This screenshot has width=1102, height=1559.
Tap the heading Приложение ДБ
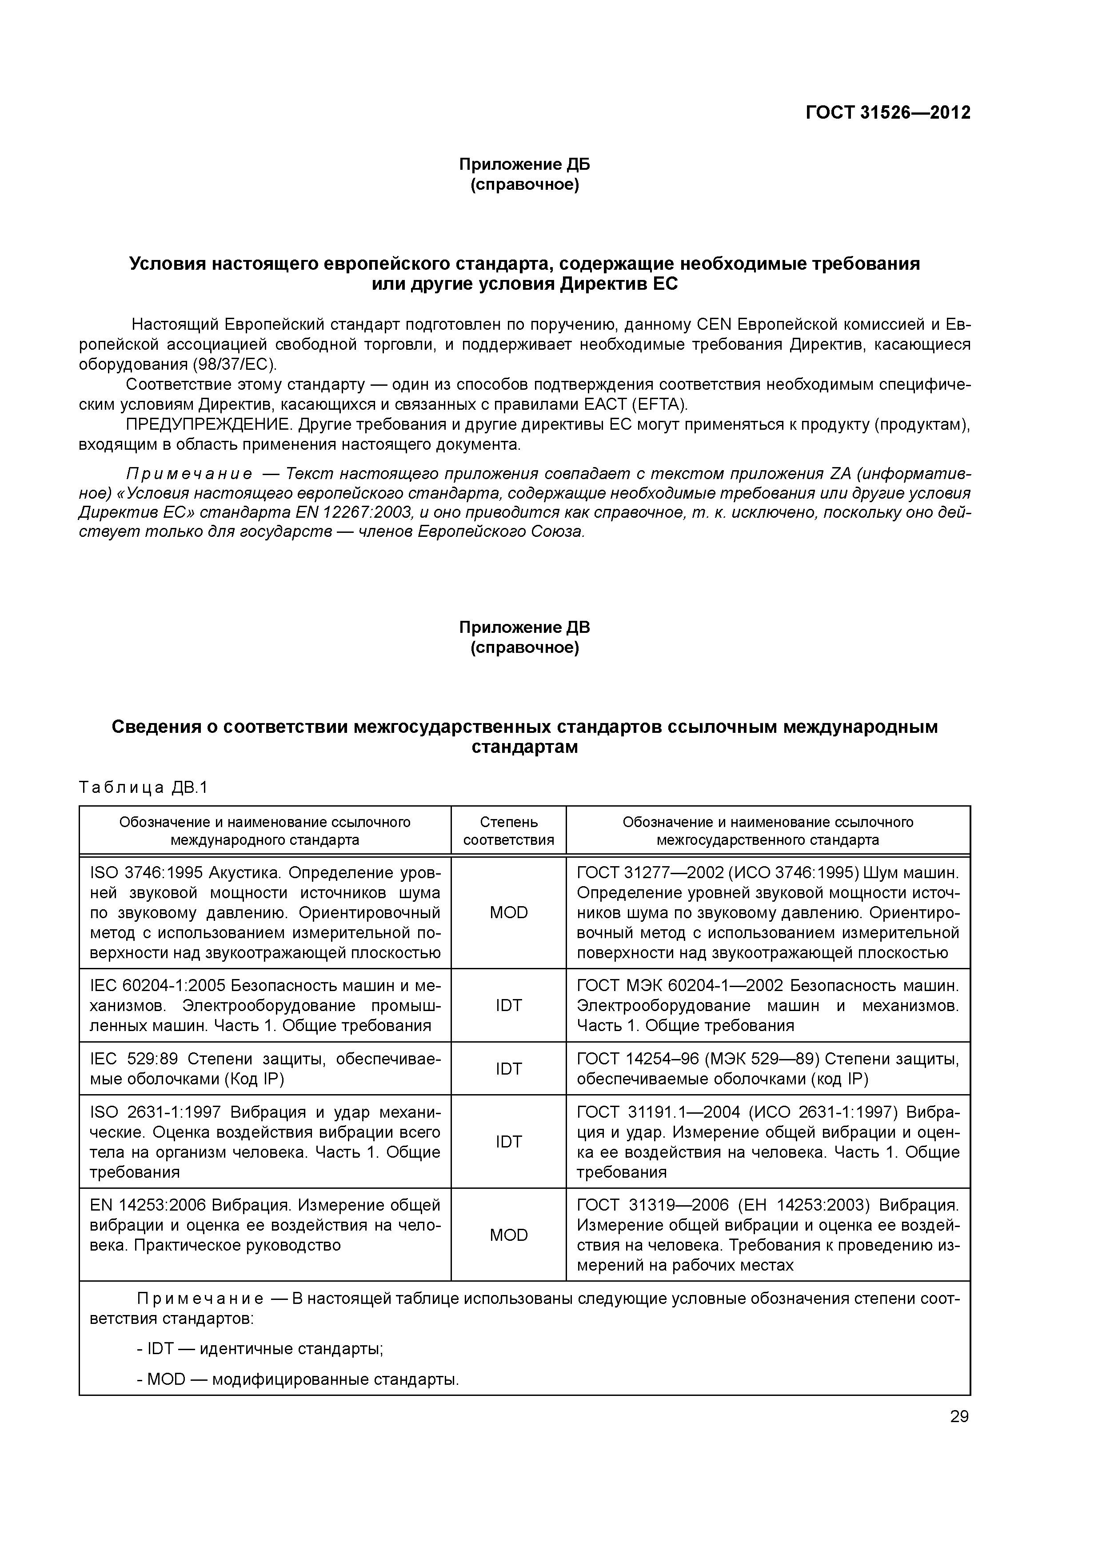524,164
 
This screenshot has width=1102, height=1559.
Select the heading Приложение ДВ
524,628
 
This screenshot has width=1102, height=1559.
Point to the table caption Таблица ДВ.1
143,787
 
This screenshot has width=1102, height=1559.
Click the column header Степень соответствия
508,831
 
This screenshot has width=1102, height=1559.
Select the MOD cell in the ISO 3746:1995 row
508,912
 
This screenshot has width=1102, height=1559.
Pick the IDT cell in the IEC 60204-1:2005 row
508,1006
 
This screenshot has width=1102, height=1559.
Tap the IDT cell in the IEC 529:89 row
508,1069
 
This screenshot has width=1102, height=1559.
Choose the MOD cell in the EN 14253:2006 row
508,1235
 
